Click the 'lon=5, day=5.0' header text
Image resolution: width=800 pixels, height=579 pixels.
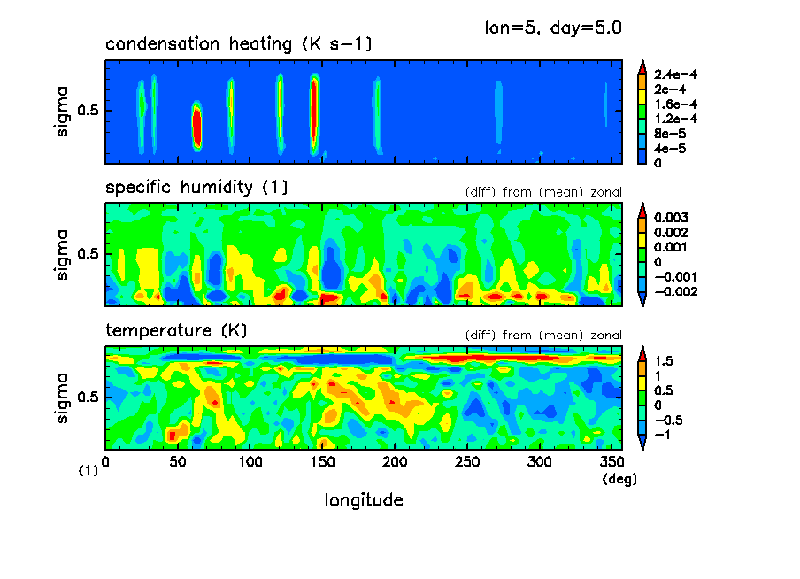click(x=552, y=27)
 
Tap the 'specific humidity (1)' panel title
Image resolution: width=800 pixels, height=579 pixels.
click(x=196, y=188)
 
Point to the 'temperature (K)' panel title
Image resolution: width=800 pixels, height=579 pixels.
click(x=176, y=330)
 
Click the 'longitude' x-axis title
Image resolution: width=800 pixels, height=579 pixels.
click(x=364, y=500)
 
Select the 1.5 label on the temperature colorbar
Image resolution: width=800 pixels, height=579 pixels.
click(x=664, y=361)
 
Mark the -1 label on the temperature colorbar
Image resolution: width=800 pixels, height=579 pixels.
click(x=662, y=434)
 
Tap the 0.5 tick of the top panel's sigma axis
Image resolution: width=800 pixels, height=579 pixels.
click(x=91, y=111)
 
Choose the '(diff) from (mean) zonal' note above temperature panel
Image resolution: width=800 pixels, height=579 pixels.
click(x=543, y=336)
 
